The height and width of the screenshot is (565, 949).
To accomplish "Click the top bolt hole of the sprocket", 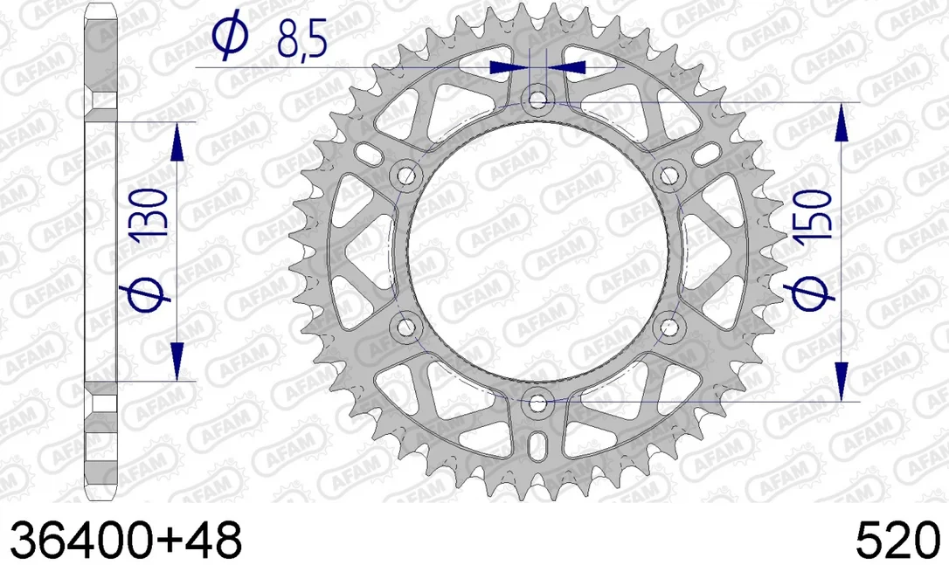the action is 537,98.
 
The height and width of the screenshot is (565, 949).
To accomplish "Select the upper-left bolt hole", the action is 405,176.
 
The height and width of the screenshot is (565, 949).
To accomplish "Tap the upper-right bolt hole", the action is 668,176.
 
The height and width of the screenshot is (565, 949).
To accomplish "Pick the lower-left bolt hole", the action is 405,327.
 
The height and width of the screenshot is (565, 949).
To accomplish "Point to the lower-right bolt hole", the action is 669,327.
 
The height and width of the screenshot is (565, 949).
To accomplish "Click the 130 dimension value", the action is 149,212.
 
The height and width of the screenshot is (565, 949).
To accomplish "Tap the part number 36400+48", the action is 126,540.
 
